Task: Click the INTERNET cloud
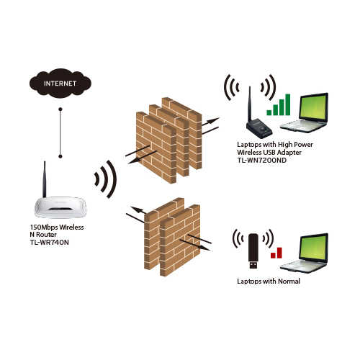point(60,84)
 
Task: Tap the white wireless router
point(60,207)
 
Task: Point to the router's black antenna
point(45,179)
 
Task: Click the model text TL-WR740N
point(50,243)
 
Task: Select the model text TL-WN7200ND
point(261,160)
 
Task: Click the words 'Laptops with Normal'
point(269,282)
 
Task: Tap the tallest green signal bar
point(287,104)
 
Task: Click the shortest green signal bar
point(269,112)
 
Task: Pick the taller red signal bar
point(279,253)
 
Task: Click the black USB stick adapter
point(253,251)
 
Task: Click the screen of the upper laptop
point(313,107)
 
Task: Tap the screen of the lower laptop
point(313,247)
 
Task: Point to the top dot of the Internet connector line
point(60,109)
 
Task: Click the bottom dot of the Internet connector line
point(60,156)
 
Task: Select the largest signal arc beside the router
point(112,179)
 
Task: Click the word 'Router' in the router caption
point(46,235)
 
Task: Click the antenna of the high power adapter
point(250,104)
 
